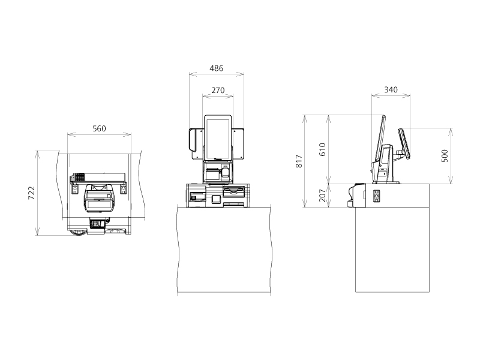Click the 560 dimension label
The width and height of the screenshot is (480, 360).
(99, 128)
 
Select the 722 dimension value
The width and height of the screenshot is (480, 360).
(32, 193)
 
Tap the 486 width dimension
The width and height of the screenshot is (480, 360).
(217, 68)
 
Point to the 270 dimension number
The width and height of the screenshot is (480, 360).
(218, 91)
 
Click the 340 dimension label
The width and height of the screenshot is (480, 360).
(391, 89)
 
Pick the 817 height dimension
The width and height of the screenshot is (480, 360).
(299, 161)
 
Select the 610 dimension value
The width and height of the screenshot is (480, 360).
(322, 149)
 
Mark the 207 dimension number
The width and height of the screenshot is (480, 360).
(322, 196)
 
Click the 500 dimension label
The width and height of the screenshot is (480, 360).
(445, 156)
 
